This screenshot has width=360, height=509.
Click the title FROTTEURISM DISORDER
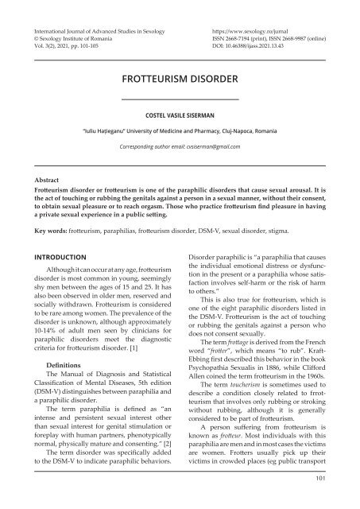[x=180, y=80]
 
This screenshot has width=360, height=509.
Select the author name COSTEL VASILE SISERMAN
[x=180, y=114]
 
